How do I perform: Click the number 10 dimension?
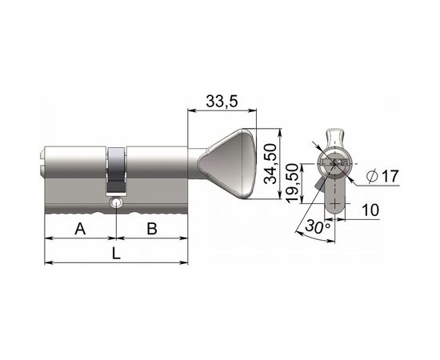tap(371, 210)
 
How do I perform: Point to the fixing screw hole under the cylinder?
tap(118, 205)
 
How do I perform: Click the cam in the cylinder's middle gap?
tap(117, 171)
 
